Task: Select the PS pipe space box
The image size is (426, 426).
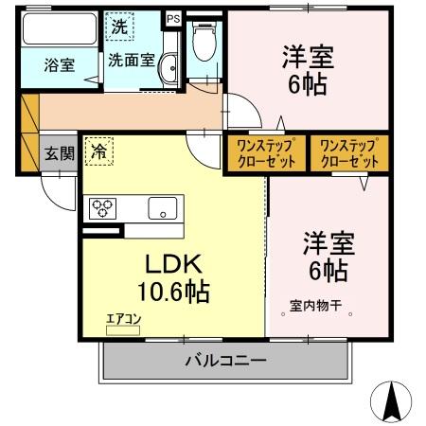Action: tap(172, 18)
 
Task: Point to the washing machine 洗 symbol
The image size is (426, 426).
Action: tap(119, 27)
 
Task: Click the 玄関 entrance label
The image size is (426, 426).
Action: tap(60, 155)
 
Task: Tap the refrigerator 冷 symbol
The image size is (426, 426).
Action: tap(99, 151)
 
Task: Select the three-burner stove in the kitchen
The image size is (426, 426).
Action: tap(102, 207)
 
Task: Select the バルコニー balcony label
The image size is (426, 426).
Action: tap(225, 360)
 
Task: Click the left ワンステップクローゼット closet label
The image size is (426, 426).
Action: tap(265, 152)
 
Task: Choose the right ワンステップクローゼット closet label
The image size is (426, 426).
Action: tap(349, 152)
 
